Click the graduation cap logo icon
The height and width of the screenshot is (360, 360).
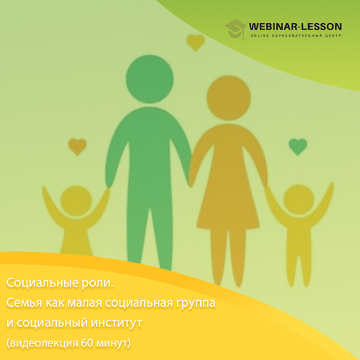[x=235, y=30]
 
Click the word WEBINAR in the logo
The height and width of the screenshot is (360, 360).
[x=273, y=27]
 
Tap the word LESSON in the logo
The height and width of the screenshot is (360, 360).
[x=322, y=27]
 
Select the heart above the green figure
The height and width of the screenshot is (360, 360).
[x=196, y=42]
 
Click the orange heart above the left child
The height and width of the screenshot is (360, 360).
[x=77, y=147]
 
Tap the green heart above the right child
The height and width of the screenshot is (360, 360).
[x=298, y=147]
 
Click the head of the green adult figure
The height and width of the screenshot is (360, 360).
[x=150, y=79]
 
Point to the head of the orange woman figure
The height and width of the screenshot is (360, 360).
[x=229, y=98]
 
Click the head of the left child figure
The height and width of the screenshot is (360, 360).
[x=76, y=201]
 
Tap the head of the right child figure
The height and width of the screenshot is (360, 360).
[x=299, y=200]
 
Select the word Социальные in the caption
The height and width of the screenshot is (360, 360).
[x=42, y=283]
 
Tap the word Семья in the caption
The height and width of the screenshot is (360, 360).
[x=24, y=302]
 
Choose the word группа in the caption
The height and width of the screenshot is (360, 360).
[x=196, y=304]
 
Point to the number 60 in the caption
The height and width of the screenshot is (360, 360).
[x=87, y=343]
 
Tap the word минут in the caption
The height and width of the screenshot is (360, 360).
[x=112, y=343]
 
